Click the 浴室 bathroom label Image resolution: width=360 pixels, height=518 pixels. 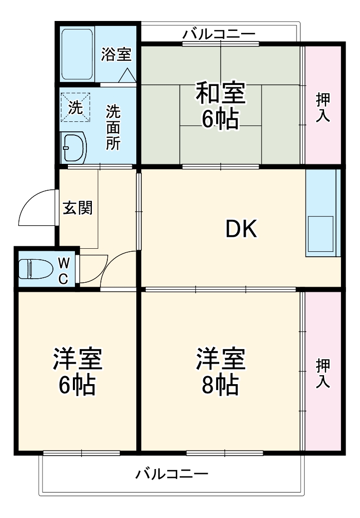tap(116, 54)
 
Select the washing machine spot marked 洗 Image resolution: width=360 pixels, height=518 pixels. tap(75, 107)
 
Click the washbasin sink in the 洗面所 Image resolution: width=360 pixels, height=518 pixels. tap(73, 147)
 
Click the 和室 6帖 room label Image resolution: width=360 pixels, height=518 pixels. tap(220, 106)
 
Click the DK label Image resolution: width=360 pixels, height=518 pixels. tap(241, 229)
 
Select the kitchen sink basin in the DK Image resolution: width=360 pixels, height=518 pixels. tap(321, 234)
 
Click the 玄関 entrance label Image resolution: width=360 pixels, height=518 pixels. tap(77, 207)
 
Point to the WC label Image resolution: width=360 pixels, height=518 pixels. tap(63, 270)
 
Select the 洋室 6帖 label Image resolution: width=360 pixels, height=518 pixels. tap(77, 372)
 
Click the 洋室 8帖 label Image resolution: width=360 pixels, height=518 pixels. tap(220, 372)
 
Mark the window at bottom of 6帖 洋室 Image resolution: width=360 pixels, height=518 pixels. tap(81, 453)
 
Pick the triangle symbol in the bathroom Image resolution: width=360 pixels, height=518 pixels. tap(127, 75)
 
